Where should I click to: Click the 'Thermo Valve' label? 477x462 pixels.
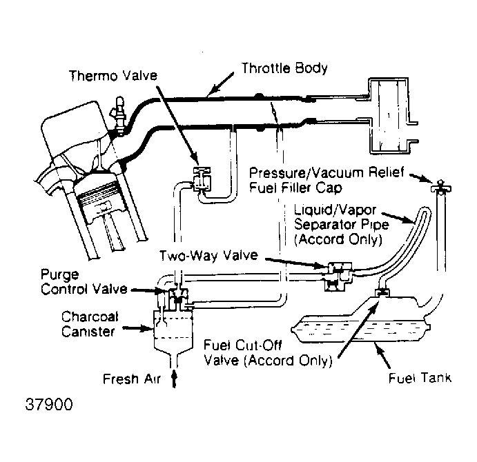(113, 76)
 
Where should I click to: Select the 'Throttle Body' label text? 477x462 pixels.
(284, 68)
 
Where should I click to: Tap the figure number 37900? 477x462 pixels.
(49, 405)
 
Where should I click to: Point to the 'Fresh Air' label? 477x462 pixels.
(132, 379)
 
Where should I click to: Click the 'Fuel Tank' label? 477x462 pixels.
(420, 378)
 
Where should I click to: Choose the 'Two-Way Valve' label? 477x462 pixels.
(208, 255)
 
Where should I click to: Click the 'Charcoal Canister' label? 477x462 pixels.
(90, 324)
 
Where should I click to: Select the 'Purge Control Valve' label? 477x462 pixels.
(84, 282)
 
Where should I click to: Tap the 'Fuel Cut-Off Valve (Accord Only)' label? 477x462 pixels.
(268, 353)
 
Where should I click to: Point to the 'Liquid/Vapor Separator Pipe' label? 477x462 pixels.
(341, 225)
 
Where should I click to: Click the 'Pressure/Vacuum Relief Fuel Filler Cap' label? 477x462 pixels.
(327, 180)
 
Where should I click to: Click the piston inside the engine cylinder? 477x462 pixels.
(99, 200)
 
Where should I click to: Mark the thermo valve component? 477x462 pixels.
(202, 179)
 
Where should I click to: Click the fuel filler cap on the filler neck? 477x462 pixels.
(441, 187)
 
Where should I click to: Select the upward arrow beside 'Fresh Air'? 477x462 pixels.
(174, 378)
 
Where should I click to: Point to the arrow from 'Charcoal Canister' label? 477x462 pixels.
(137, 328)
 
